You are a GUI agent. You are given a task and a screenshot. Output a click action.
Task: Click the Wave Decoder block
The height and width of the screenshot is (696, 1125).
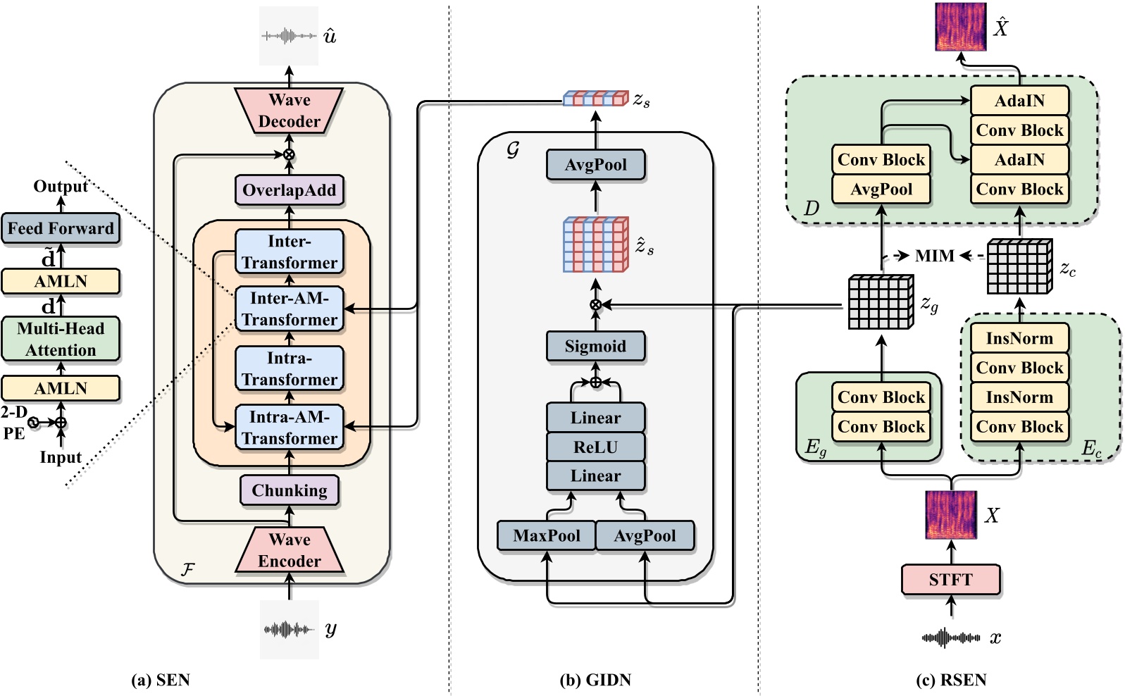[289, 111]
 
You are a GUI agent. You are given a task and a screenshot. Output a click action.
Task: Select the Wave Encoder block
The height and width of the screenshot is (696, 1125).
[289, 550]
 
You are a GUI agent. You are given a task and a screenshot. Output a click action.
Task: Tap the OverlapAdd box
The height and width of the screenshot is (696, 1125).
[289, 190]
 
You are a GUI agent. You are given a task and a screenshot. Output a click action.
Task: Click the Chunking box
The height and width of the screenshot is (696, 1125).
[289, 490]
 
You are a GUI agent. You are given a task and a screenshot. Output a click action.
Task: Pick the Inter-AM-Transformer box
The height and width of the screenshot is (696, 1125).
[289, 309]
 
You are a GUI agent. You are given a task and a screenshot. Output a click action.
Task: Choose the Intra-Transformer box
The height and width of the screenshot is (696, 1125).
[289, 368]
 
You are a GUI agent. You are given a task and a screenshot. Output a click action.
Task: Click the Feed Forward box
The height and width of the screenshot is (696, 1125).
[61, 228]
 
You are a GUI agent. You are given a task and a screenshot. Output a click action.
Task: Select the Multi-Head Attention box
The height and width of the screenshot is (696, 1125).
[61, 339]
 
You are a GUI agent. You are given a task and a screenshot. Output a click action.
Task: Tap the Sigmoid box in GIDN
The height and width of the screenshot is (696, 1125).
[595, 346]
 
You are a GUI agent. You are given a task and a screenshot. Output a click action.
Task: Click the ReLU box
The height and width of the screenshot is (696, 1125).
[595, 447]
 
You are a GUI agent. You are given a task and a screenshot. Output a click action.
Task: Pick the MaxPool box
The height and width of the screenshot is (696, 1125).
[546, 535]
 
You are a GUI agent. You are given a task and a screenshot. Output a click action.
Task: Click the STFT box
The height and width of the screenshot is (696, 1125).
[950, 580]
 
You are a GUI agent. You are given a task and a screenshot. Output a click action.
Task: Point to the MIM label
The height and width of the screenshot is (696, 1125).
[934, 256]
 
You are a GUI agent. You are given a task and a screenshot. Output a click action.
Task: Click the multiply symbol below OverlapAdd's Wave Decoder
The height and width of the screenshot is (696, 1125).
[289, 154]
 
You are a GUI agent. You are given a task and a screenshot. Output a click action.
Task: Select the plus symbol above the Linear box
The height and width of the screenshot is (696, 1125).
[595, 383]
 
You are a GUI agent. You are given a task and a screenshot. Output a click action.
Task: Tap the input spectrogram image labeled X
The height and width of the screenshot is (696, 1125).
[950, 515]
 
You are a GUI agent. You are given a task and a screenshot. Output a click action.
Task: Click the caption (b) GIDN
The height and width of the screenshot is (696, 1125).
[595, 680]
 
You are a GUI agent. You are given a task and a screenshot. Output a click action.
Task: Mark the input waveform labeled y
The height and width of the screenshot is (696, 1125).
[289, 629]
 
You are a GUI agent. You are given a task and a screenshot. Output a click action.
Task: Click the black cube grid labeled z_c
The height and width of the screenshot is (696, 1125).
[1019, 266]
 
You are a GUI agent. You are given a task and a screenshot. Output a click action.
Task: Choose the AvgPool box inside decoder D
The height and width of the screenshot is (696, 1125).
[881, 189]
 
